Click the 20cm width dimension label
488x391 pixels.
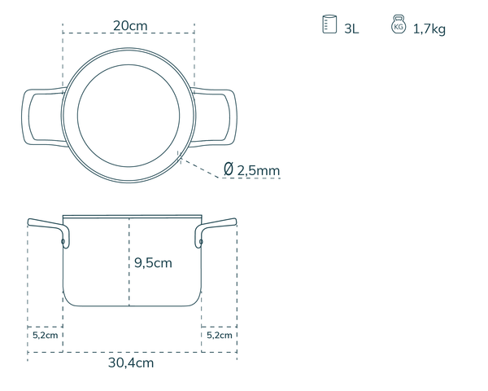[130, 25]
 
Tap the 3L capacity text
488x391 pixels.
[351, 29]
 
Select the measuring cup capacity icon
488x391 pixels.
[329, 24]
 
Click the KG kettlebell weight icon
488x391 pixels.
[399, 24]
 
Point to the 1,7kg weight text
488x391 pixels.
[429, 29]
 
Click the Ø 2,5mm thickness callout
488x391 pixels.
[252, 170]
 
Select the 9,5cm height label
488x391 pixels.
[153, 263]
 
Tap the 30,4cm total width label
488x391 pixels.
[131, 362]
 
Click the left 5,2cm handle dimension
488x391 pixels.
[45, 335]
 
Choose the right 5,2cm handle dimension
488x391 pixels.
[220, 335]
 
